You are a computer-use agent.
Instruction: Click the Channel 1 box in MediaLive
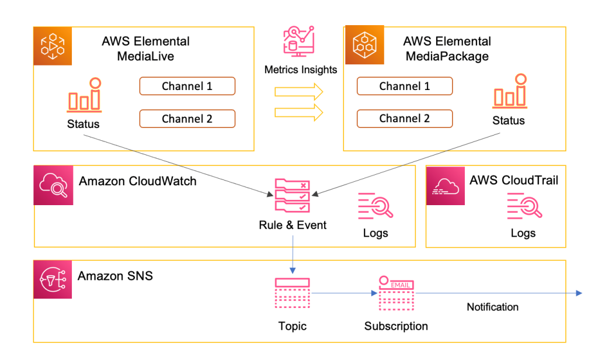(x=187, y=86)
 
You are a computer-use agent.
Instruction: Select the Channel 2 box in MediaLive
(x=187, y=119)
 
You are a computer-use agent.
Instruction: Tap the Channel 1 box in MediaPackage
(x=404, y=86)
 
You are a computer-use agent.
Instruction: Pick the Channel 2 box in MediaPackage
(x=404, y=119)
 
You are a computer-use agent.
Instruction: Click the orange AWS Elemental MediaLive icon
(x=53, y=46)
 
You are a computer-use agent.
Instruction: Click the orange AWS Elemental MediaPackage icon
(x=364, y=44)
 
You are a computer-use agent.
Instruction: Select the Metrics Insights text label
(x=301, y=70)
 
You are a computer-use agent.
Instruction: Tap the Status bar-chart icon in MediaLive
(x=84, y=96)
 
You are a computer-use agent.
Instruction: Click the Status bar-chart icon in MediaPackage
(x=509, y=92)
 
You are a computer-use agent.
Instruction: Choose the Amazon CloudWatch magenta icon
(x=53, y=185)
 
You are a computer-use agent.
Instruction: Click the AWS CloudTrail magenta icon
(x=446, y=185)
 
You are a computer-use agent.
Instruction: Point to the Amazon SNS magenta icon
(x=53, y=279)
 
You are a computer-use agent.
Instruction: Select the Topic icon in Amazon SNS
(x=293, y=293)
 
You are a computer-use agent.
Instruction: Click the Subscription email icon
(x=397, y=293)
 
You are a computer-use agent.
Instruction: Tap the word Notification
(x=492, y=307)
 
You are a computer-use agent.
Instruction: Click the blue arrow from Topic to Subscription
(x=345, y=293)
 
